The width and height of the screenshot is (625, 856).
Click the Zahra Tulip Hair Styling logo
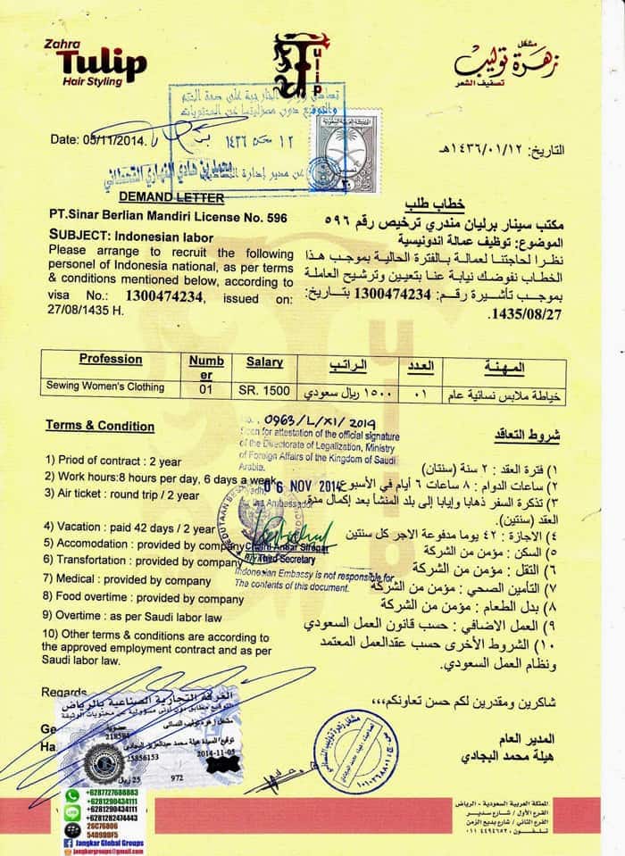tap(101, 63)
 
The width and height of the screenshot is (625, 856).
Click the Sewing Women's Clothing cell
tap(105, 386)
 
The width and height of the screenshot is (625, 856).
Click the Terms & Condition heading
tap(100, 426)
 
